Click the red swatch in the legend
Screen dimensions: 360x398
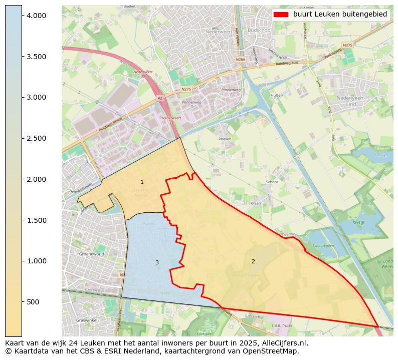pyautogui.click(x=281, y=15)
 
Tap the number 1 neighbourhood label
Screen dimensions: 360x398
pyautogui.click(x=142, y=182)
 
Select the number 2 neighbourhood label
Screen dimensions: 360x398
pyautogui.click(x=253, y=261)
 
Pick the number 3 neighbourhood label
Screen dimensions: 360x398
pyautogui.click(x=157, y=263)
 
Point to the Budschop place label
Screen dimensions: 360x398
pyautogui.click(x=259, y=30)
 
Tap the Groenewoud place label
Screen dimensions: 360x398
pyautogui.click(x=91, y=254)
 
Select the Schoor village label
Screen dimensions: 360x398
pyautogui.click(x=272, y=182)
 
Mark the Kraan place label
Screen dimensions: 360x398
pyautogui.click(x=256, y=204)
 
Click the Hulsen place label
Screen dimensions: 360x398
pyautogui.click(x=277, y=95)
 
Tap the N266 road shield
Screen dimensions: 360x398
pyautogui.click(x=240, y=59)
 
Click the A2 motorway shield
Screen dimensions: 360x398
pyautogui.click(x=159, y=98)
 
